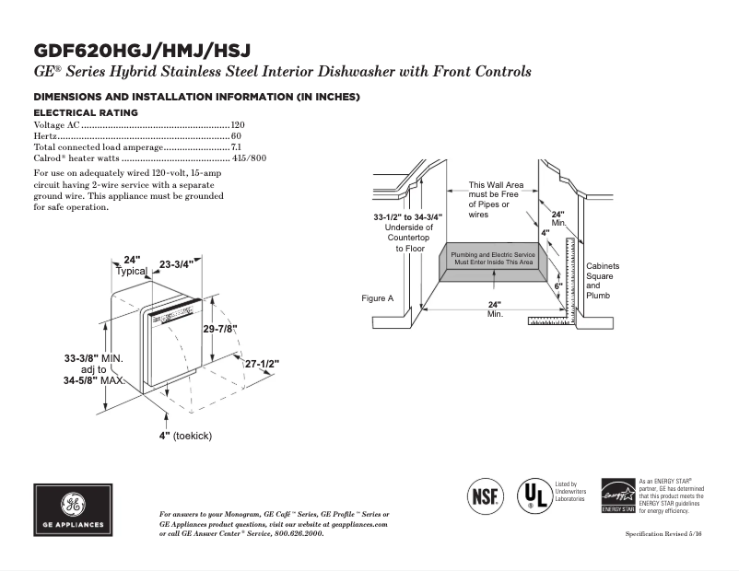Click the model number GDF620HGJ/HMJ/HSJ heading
pos(142,50)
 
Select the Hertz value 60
pos(236,135)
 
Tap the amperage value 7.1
pos(236,147)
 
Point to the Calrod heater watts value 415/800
pos(250,158)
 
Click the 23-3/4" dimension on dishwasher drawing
pos(175,264)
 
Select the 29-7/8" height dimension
pos(220,329)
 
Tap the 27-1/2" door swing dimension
pos(262,365)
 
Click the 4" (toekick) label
pos(185,436)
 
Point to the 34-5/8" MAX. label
pos(93,379)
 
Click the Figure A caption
pos(378,298)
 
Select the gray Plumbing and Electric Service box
pos(492,259)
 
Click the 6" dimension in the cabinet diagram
pos(558,286)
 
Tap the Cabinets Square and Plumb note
pos(603,280)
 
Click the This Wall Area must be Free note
pos(496,200)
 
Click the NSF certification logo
pos(486,495)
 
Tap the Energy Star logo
pos(617,495)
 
